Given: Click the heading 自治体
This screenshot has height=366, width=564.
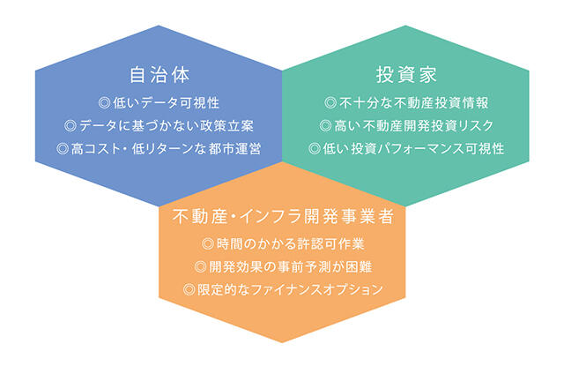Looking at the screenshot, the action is [160, 75].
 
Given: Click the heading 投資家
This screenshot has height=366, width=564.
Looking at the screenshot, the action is [406, 75].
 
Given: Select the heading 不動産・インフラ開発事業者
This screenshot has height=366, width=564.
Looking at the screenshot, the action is [283, 216].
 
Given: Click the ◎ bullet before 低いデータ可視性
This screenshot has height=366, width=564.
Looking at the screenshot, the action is [104, 103].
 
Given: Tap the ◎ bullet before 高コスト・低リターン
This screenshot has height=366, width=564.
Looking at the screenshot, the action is [63, 149].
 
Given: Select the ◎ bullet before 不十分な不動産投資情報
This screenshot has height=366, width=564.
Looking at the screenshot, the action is [330, 103].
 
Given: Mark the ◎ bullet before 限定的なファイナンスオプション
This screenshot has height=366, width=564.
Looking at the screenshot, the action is [189, 289].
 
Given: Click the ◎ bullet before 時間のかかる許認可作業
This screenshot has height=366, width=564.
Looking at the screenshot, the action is [208, 244].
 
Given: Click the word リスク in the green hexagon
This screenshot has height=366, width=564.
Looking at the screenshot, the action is [476, 125].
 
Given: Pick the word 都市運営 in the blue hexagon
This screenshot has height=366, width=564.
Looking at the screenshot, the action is [235, 149].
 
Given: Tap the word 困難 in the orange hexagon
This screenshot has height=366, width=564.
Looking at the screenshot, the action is [359, 266].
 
